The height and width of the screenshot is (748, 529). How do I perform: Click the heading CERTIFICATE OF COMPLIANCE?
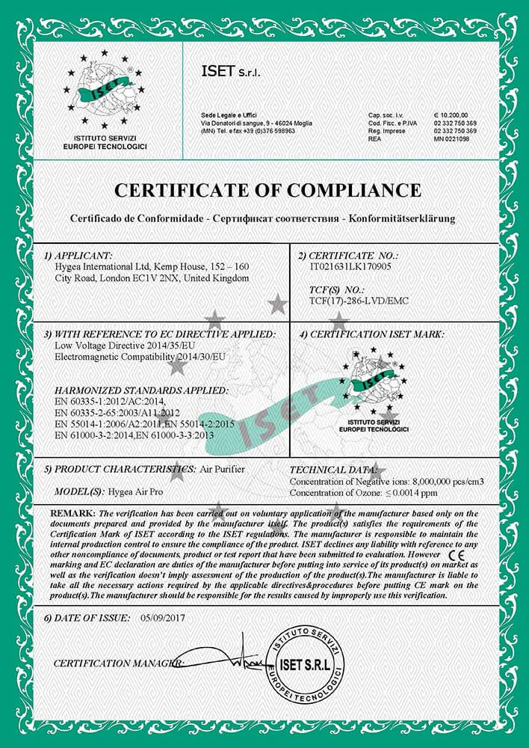(x=264, y=189)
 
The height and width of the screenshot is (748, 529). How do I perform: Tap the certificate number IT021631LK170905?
(x=347, y=265)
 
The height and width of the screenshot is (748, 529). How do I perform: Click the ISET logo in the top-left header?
(x=105, y=91)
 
